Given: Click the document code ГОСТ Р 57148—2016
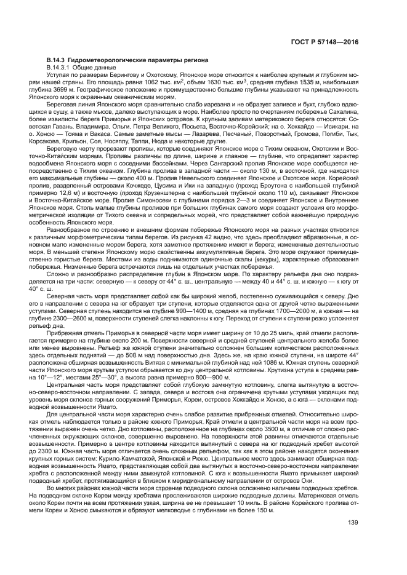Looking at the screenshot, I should coord(334,42).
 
